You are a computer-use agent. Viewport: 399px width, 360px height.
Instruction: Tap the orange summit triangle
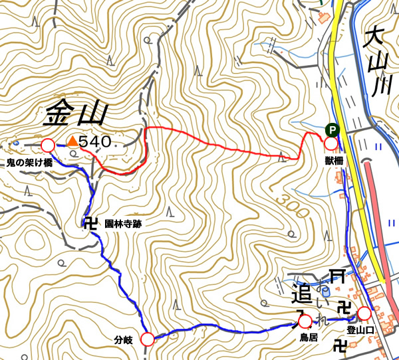click(x=71, y=141)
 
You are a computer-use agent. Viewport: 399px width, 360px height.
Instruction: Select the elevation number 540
click(x=94, y=141)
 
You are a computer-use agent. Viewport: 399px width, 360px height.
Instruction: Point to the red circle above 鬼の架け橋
click(x=47, y=145)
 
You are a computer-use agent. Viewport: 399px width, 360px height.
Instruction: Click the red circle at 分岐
click(x=148, y=339)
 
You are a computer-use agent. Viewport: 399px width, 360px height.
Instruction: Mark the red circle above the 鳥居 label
click(x=305, y=321)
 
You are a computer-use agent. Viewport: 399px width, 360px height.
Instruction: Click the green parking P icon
click(x=331, y=130)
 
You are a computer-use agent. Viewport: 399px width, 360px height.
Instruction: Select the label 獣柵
click(x=334, y=160)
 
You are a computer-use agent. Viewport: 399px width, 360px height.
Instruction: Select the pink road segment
click(x=382, y=219)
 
